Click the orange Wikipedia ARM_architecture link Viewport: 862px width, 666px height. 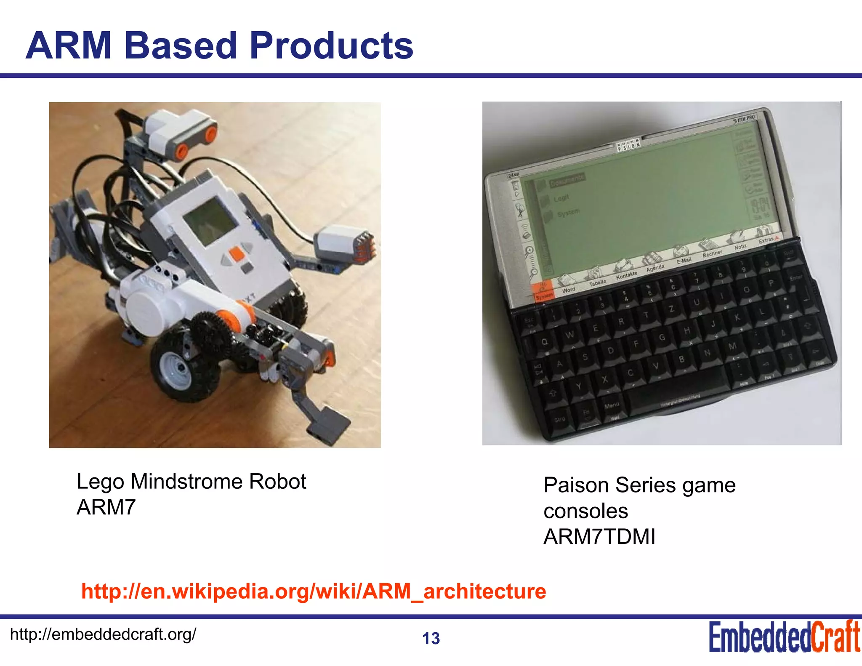click(314, 591)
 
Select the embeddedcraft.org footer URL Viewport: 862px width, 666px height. click(103, 634)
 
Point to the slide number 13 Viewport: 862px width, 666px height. click(431, 639)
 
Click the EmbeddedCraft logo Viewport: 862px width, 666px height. click(784, 637)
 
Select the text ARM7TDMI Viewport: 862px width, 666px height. click(599, 537)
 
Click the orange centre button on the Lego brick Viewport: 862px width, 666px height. click(237, 254)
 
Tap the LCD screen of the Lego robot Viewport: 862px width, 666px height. click(210, 222)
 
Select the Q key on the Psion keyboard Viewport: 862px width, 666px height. click(544, 342)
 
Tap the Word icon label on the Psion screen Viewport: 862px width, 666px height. click(568, 290)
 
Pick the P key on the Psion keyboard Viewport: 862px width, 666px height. click(771, 283)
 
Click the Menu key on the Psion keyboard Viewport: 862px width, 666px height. click(612, 405)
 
